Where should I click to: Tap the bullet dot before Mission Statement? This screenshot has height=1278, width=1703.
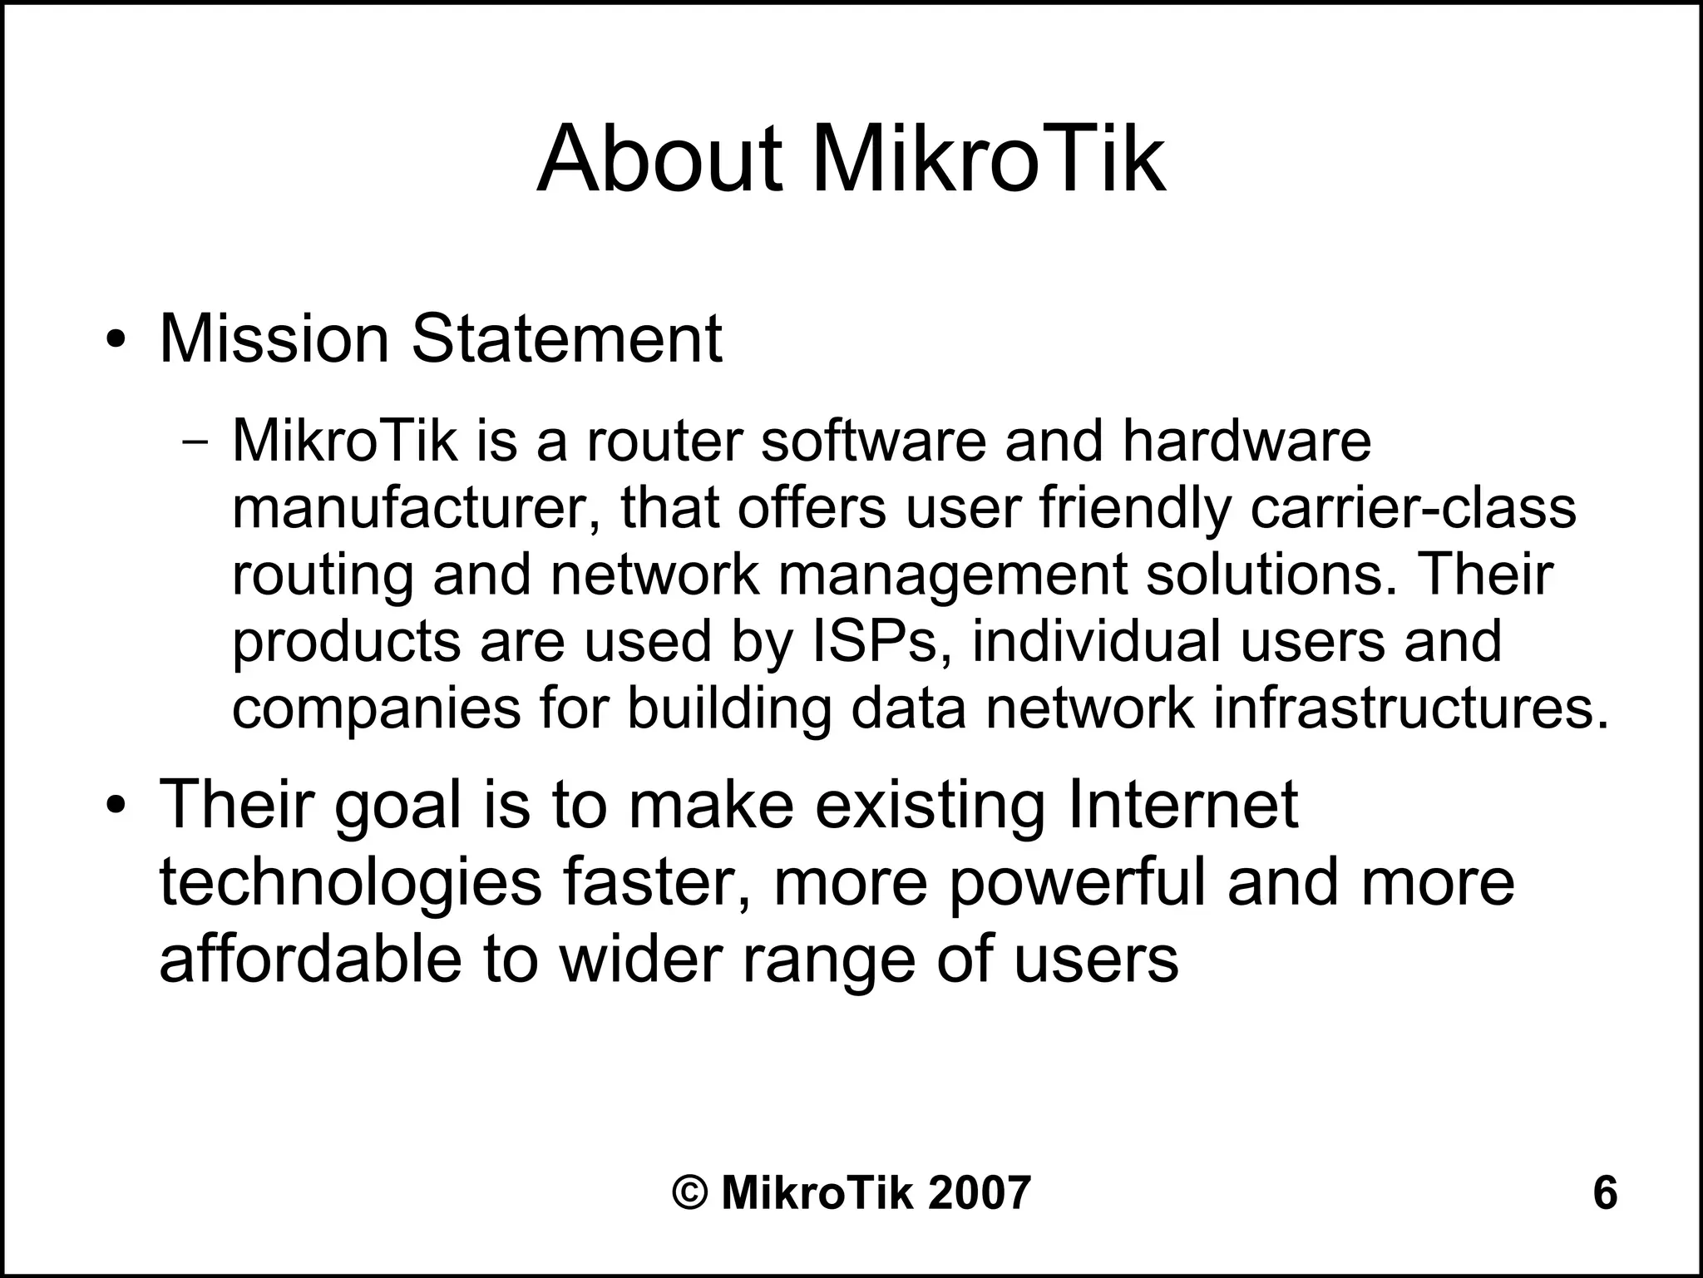click(116, 341)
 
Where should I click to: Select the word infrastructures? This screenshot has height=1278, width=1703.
click(1410, 708)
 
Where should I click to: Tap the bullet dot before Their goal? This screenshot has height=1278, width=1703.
click(116, 807)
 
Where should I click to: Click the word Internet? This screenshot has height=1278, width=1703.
click(1182, 805)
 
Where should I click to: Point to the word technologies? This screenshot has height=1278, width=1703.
click(349, 885)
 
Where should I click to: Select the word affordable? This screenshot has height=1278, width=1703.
click(310, 959)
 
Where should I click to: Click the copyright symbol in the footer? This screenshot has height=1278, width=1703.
click(690, 1193)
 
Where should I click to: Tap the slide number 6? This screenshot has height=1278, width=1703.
click(1605, 1193)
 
